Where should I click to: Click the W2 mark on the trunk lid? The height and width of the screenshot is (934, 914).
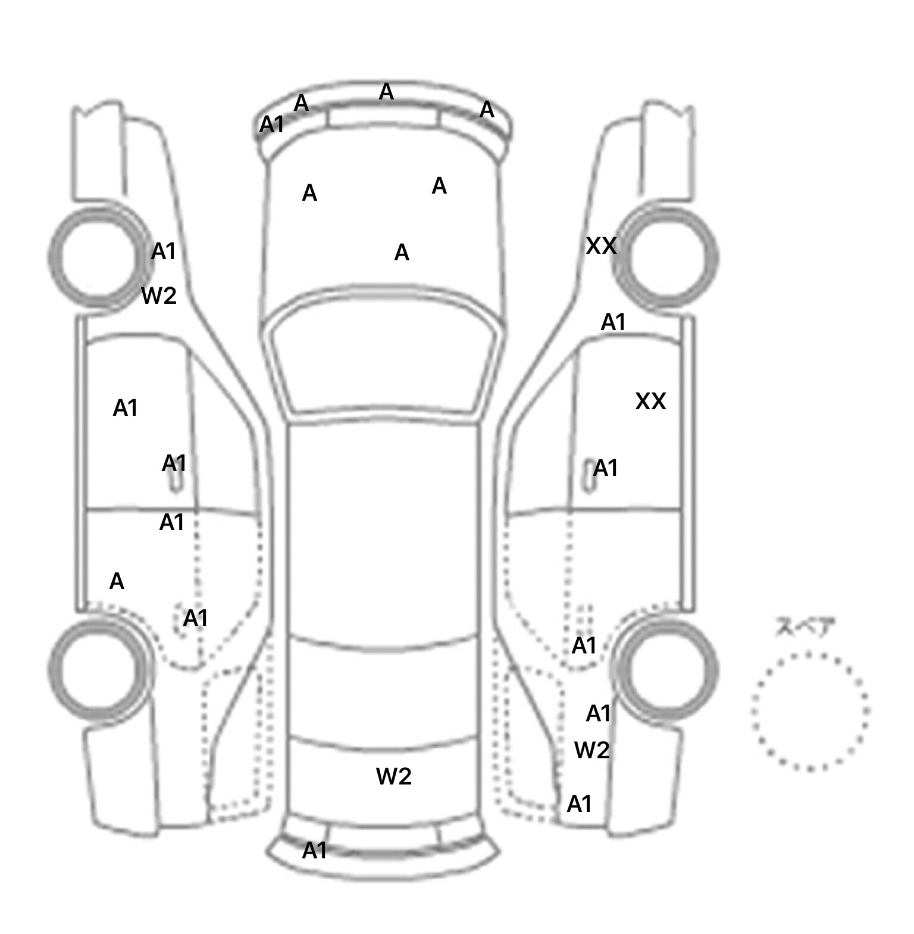pyautogui.click(x=393, y=776)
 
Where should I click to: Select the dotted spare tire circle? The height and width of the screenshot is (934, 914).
pyautogui.click(x=809, y=711)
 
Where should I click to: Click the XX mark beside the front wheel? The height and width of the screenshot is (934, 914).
pyautogui.click(x=601, y=245)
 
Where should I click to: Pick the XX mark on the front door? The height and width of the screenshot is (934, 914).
pyautogui.click(x=650, y=401)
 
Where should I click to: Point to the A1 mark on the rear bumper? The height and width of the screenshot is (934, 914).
pyautogui.click(x=314, y=851)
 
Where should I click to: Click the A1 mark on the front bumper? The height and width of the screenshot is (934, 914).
pyautogui.click(x=271, y=125)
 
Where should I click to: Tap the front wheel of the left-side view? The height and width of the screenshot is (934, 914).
pyautogui.click(x=98, y=257)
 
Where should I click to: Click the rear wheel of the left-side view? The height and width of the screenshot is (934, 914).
pyautogui.click(x=98, y=667)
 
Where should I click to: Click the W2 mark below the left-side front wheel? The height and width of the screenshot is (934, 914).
pyautogui.click(x=159, y=295)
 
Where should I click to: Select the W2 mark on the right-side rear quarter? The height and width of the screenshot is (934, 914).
pyautogui.click(x=592, y=750)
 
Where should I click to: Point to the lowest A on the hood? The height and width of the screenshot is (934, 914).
pyautogui.click(x=402, y=253)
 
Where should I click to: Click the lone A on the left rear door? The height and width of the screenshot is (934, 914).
pyautogui.click(x=117, y=581)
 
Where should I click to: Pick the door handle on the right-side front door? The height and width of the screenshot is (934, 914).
pyautogui.click(x=589, y=477)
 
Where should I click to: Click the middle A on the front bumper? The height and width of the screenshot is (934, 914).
pyautogui.click(x=386, y=92)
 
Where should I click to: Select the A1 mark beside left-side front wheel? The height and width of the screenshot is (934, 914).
pyautogui.click(x=164, y=251)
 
